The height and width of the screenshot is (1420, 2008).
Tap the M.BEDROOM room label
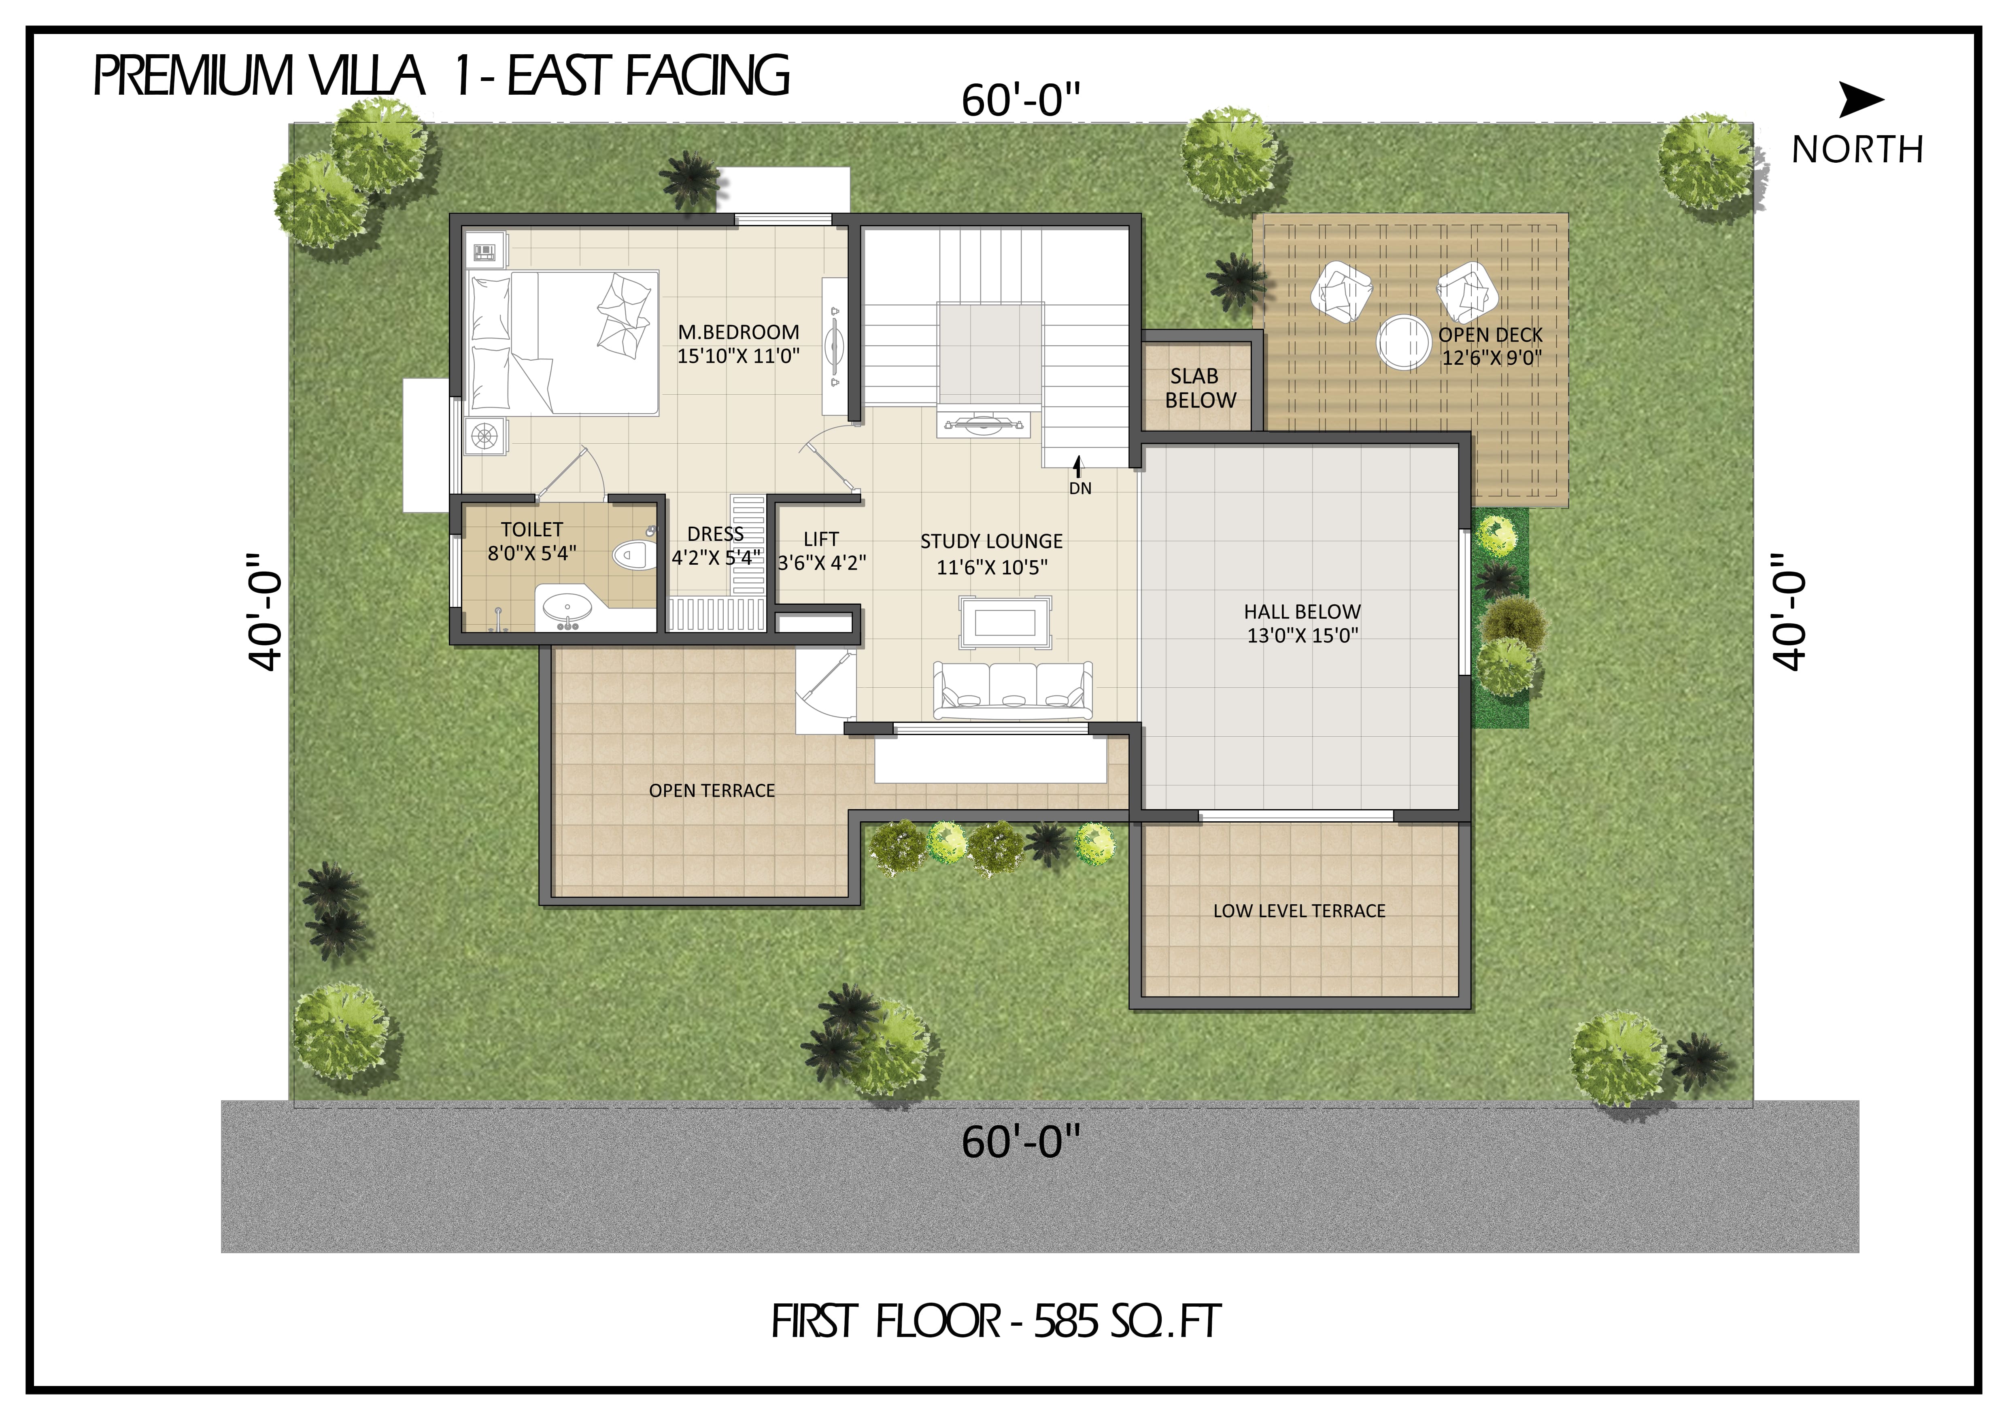click(738, 332)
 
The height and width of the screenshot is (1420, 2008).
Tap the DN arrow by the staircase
click(1078, 468)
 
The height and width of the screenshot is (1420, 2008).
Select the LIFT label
click(821, 540)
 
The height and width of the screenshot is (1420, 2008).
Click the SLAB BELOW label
click(1200, 388)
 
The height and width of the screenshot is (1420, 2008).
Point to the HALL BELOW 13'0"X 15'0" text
click(1302, 623)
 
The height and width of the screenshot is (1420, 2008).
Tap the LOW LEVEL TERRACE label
click(1299, 911)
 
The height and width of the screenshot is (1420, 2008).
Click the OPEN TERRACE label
click(712, 791)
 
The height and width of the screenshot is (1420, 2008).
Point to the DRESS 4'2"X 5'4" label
click(715, 546)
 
